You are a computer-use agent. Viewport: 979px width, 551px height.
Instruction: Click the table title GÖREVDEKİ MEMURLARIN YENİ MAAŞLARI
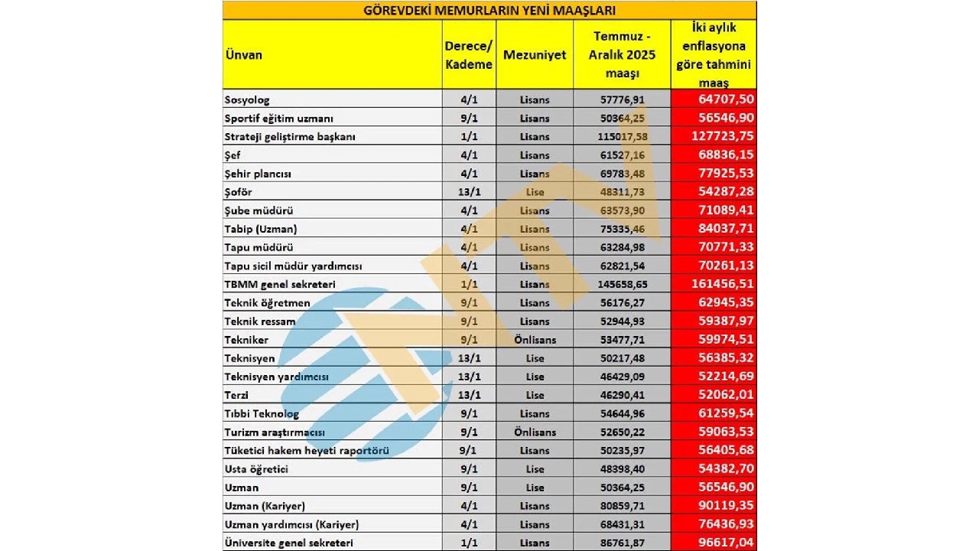pos(489,10)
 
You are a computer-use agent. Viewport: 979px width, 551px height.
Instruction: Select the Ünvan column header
pos(243,55)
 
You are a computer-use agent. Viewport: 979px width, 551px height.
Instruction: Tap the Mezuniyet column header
pos(535,55)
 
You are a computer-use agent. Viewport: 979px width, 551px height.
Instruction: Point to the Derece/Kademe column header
pos(468,55)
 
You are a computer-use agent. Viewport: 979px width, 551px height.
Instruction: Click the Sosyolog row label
pos(247,99)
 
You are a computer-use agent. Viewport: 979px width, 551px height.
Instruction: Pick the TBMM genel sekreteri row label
pos(280,285)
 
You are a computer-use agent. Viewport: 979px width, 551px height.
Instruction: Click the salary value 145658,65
pos(621,285)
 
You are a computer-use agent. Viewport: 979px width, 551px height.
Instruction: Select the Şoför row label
pos(238,192)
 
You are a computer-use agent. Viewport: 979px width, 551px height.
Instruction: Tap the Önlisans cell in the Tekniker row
pos(535,340)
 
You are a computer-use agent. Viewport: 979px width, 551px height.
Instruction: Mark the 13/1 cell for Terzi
pos(468,396)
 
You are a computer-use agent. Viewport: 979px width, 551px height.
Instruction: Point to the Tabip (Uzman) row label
pos(261,229)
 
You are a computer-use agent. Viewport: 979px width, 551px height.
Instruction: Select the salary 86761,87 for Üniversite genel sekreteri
pos(621,543)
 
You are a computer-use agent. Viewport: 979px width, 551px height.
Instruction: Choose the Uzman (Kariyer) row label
pos(265,507)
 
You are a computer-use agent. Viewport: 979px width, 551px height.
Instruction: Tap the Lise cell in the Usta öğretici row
pos(535,469)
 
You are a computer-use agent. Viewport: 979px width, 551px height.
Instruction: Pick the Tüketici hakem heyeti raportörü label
pos(307,451)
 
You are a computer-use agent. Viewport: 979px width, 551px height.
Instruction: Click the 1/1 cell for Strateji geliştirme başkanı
pos(468,137)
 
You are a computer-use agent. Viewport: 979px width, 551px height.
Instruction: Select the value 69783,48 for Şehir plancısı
pos(621,174)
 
